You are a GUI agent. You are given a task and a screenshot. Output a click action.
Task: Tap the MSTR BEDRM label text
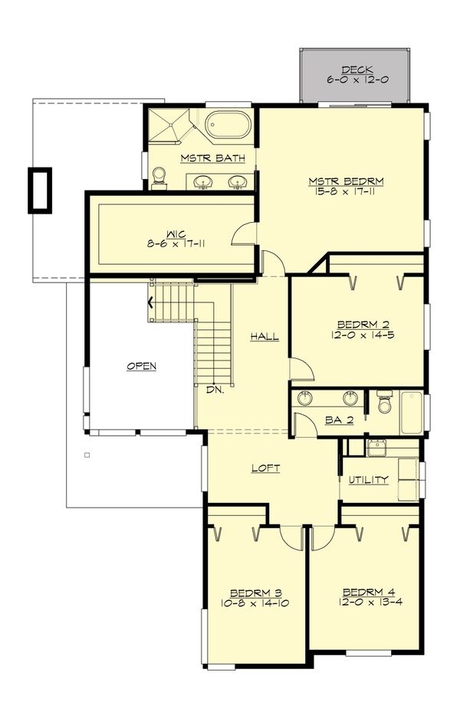pyautogui.click(x=346, y=181)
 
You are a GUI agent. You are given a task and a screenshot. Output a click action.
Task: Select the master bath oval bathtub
pyautogui.click(x=228, y=125)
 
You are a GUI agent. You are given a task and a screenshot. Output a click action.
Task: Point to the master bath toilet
pyautogui.click(x=159, y=178)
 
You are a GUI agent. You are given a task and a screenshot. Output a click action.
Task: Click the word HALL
pyautogui.click(x=264, y=336)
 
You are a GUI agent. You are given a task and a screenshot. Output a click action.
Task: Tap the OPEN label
pyautogui.click(x=141, y=366)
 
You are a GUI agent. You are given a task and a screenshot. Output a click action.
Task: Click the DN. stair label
pyautogui.click(x=215, y=389)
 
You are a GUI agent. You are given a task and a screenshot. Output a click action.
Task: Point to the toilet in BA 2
pyautogui.click(x=385, y=403)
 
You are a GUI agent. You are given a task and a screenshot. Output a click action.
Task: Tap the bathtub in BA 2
pyautogui.click(x=411, y=413)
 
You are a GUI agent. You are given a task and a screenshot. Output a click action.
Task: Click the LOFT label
pyautogui.click(x=265, y=468)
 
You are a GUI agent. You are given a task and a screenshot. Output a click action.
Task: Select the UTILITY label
pyautogui.click(x=369, y=480)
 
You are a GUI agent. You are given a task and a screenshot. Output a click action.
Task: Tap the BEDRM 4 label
pyautogui.click(x=363, y=592)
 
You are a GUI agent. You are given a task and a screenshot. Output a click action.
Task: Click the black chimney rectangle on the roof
pyautogui.click(x=40, y=190)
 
